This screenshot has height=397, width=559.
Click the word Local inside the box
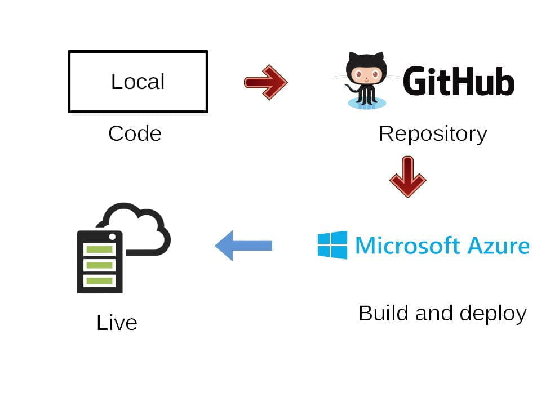[x=137, y=82]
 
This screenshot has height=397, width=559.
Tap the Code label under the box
[x=135, y=134]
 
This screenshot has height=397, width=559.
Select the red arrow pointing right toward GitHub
[x=265, y=82]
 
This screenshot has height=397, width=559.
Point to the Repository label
[x=432, y=134]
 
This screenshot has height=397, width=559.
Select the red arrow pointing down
[x=407, y=177]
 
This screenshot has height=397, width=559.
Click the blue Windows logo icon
[x=332, y=245]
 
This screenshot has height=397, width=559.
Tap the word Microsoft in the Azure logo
[x=403, y=246]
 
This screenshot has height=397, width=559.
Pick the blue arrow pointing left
[x=243, y=246]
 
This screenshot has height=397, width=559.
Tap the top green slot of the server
[x=99, y=249]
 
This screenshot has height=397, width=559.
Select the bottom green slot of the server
[x=99, y=280]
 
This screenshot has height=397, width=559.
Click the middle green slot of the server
[x=99, y=265]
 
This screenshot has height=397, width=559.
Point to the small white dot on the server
[x=112, y=236]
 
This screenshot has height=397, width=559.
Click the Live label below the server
[x=117, y=323]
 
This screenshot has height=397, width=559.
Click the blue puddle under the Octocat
[x=366, y=104]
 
